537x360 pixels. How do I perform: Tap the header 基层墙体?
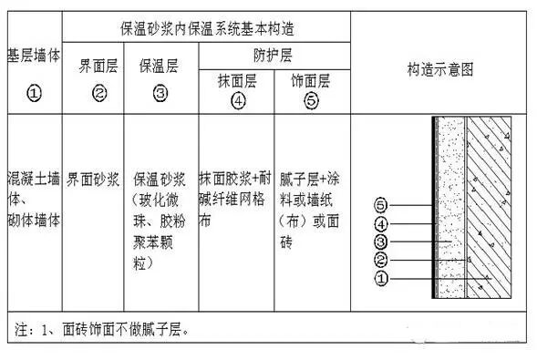tap(34, 56)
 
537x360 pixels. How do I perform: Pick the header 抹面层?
tap(236, 78)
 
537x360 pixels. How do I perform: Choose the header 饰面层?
tap(312, 78)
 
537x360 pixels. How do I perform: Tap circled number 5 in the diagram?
tap(382, 206)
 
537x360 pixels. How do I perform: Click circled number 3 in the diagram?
tap(382, 242)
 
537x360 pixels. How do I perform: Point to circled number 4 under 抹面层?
tap(238, 101)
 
